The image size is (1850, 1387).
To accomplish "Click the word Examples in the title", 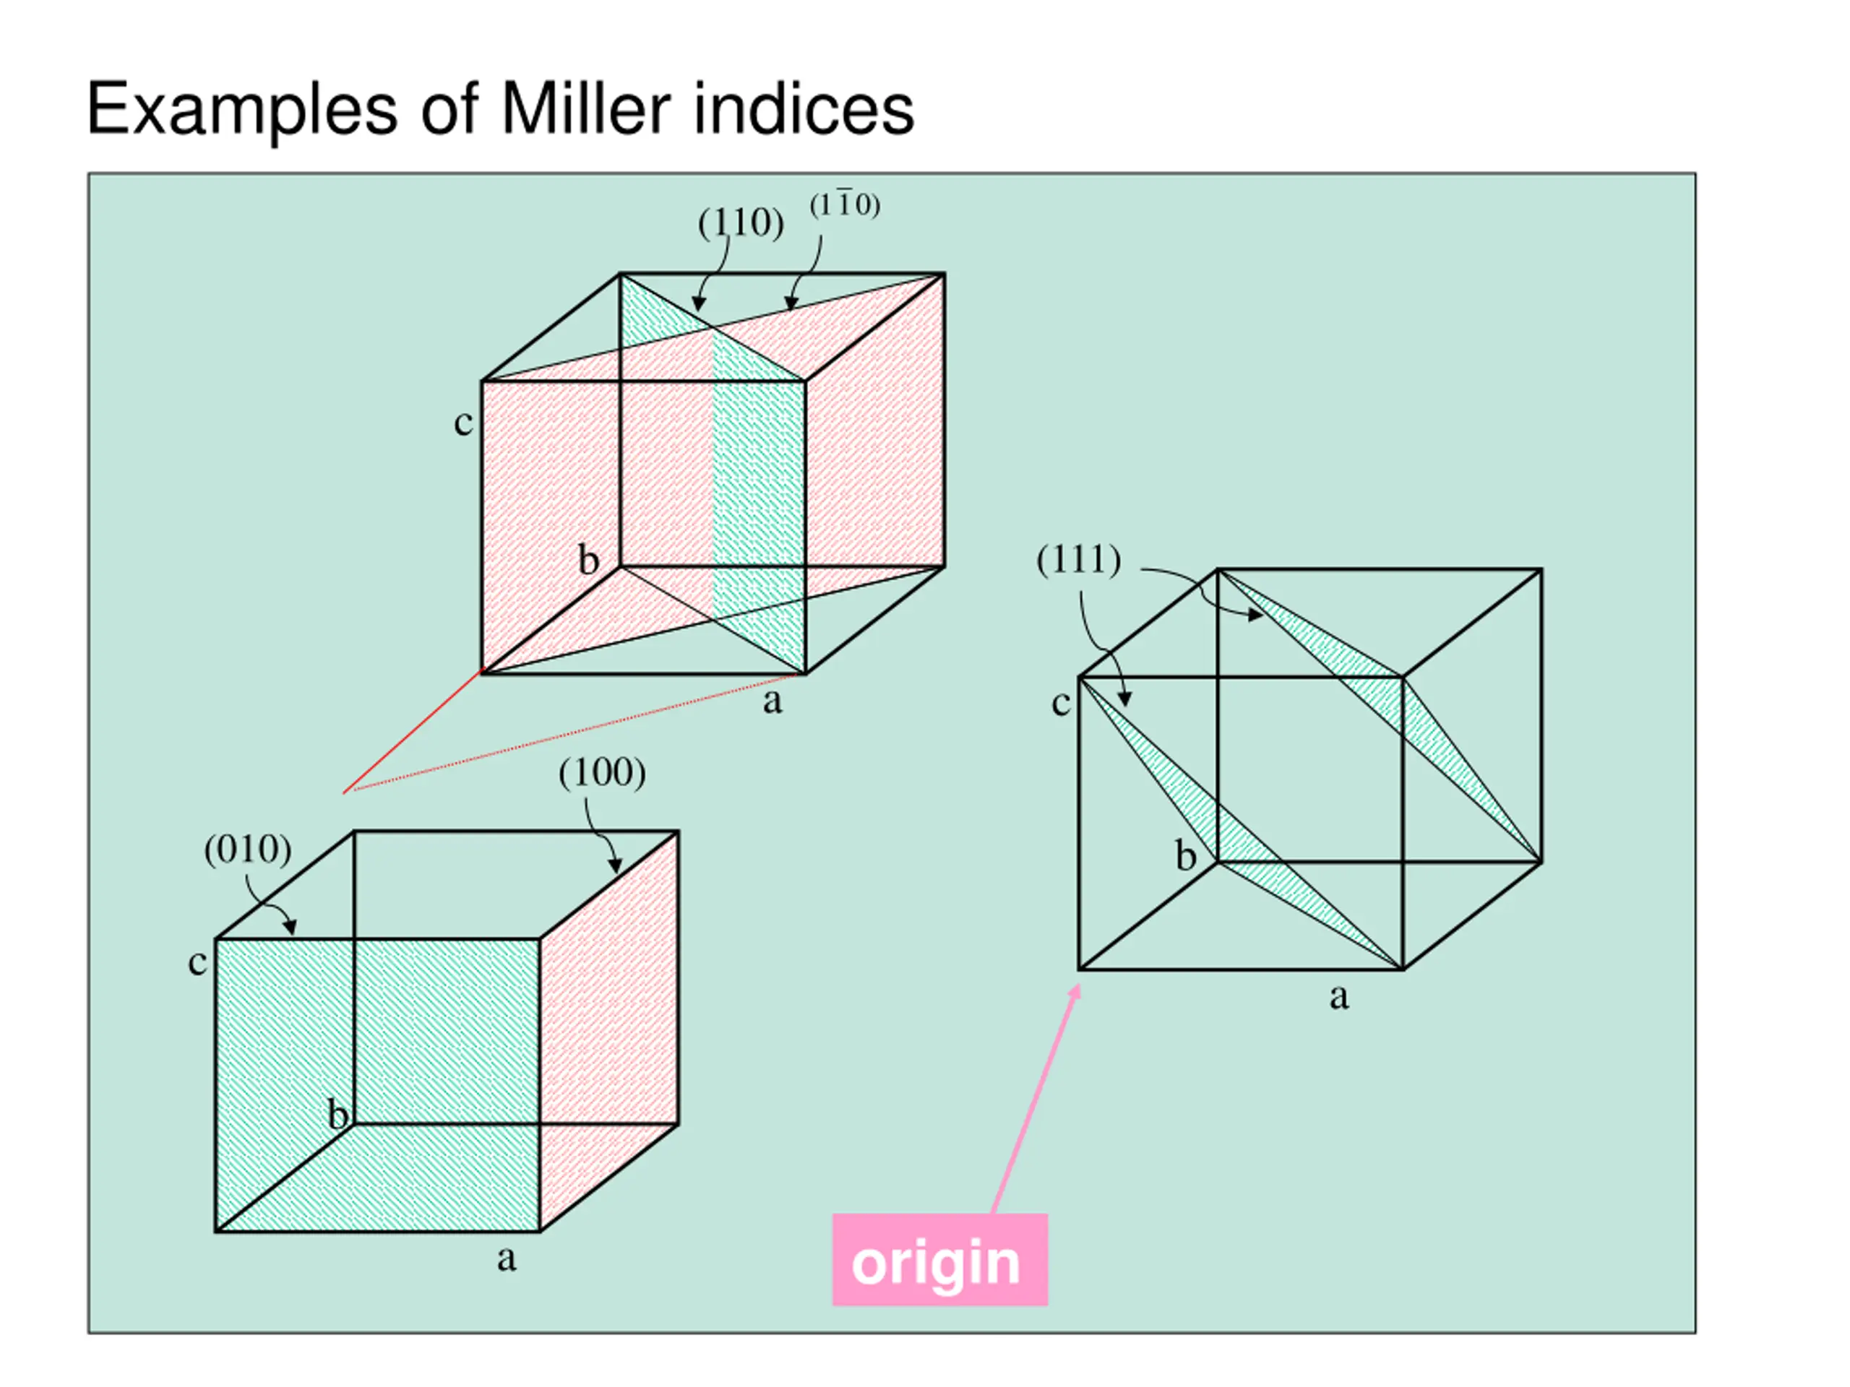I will (x=241, y=111).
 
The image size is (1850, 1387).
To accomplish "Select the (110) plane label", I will (x=741, y=223).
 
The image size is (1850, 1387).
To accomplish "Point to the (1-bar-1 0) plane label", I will (x=845, y=205).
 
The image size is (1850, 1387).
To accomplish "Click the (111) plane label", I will (x=1078, y=559).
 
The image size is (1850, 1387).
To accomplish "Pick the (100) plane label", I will (x=602, y=772).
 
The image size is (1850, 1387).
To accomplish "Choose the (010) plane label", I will (x=248, y=850).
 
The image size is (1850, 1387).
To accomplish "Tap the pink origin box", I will (x=939, y=1259).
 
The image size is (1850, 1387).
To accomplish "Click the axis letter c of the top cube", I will (x=462, y=422).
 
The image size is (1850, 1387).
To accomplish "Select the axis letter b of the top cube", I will (x=589, y=560).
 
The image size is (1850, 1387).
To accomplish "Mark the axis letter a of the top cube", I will (x=772, y=701).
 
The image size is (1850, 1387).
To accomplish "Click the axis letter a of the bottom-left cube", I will (x=506, y=1258).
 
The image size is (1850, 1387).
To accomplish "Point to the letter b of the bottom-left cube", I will (x=338, y=1115).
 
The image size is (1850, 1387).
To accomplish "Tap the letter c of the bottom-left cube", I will (x=197, y=962).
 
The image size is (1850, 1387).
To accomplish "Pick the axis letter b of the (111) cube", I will (x=1185, y=857).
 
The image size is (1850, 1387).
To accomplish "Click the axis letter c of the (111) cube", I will (x=1060, y=703).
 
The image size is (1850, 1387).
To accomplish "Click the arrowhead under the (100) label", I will (x=616, y=865).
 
